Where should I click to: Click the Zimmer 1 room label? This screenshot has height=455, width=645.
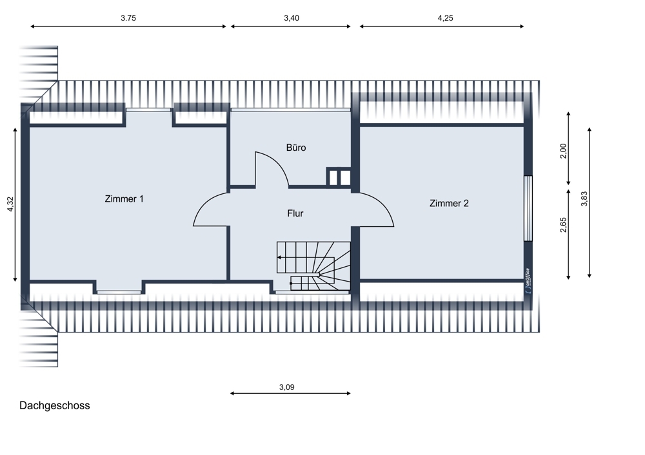tap(124, 199)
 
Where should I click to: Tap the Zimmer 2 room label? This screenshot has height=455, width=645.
tap(449, 204)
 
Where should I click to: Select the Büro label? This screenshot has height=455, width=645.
tap(296, 148)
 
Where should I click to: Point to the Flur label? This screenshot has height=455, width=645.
tap(295, 213)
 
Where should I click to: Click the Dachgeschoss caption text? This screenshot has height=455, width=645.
tap(55, 406)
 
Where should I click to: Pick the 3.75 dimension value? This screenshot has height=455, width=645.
tap(128, 19)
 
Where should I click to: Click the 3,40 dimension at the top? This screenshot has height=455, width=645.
tap(292, 19)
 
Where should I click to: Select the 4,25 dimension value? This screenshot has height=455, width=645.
tap(445, 19)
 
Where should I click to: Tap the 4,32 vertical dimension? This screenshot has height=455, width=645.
tap(9, 204)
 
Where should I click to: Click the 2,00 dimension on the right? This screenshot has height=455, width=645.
tap(562, 152)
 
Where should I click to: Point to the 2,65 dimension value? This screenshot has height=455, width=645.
tap(563, 225)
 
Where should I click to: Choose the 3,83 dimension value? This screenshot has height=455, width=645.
tap(584, 199)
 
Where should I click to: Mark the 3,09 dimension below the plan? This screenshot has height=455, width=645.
tap(287, 388)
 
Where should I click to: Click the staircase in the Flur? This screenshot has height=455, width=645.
tap(314, 266)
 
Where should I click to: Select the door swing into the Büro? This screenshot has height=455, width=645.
tap(271, 169)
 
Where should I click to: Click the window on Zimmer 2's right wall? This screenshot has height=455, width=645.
tap(528, 208)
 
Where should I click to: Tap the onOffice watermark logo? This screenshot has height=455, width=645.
tap(527, 281)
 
